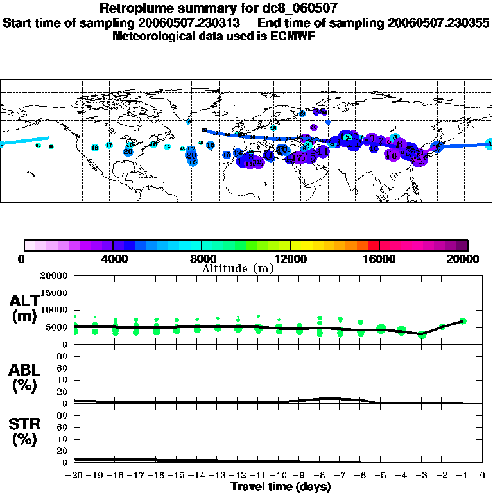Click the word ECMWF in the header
(292, 36)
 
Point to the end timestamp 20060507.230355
(440, 22)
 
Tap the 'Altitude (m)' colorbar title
(238, 268)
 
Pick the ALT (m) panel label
(25, 308)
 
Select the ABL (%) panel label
(25, 378)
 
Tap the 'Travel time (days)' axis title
(281, 487)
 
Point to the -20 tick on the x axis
(74, 476)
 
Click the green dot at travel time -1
(463, 321)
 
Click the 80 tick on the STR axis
(64, 415)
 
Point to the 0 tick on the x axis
(483, 476)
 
